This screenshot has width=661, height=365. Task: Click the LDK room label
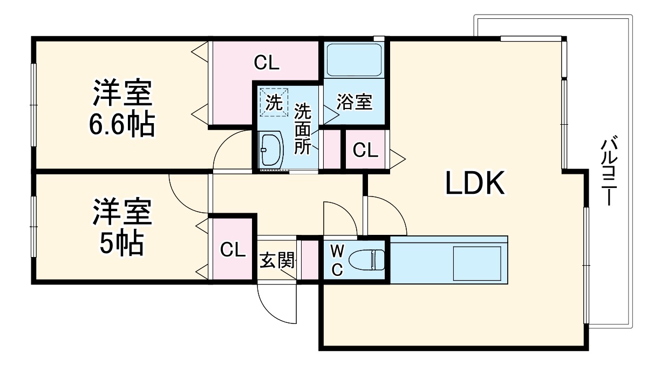click(x=474, y=183)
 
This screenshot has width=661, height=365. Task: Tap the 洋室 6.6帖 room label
click(x=122, y=107)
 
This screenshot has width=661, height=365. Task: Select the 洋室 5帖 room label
click(x=122, y=227)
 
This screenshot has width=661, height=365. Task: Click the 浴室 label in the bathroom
click(x=355, y=102)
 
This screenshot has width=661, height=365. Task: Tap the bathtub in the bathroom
click(x=355, y=60)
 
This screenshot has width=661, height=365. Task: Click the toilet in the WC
click(x=366, y=260)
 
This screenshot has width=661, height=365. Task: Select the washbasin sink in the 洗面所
click(x=270, y=150)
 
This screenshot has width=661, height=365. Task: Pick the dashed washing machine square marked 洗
click(x=274, y=102)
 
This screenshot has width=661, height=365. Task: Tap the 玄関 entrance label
click(x=277, y=260)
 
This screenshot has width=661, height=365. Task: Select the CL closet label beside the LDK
click(x=365, y=150)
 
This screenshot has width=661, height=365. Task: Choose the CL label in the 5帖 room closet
click(x=233, y=249)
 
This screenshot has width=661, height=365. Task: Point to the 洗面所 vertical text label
click(x=303, y=129)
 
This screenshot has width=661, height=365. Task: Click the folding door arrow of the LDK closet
click(x=397, y=159)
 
